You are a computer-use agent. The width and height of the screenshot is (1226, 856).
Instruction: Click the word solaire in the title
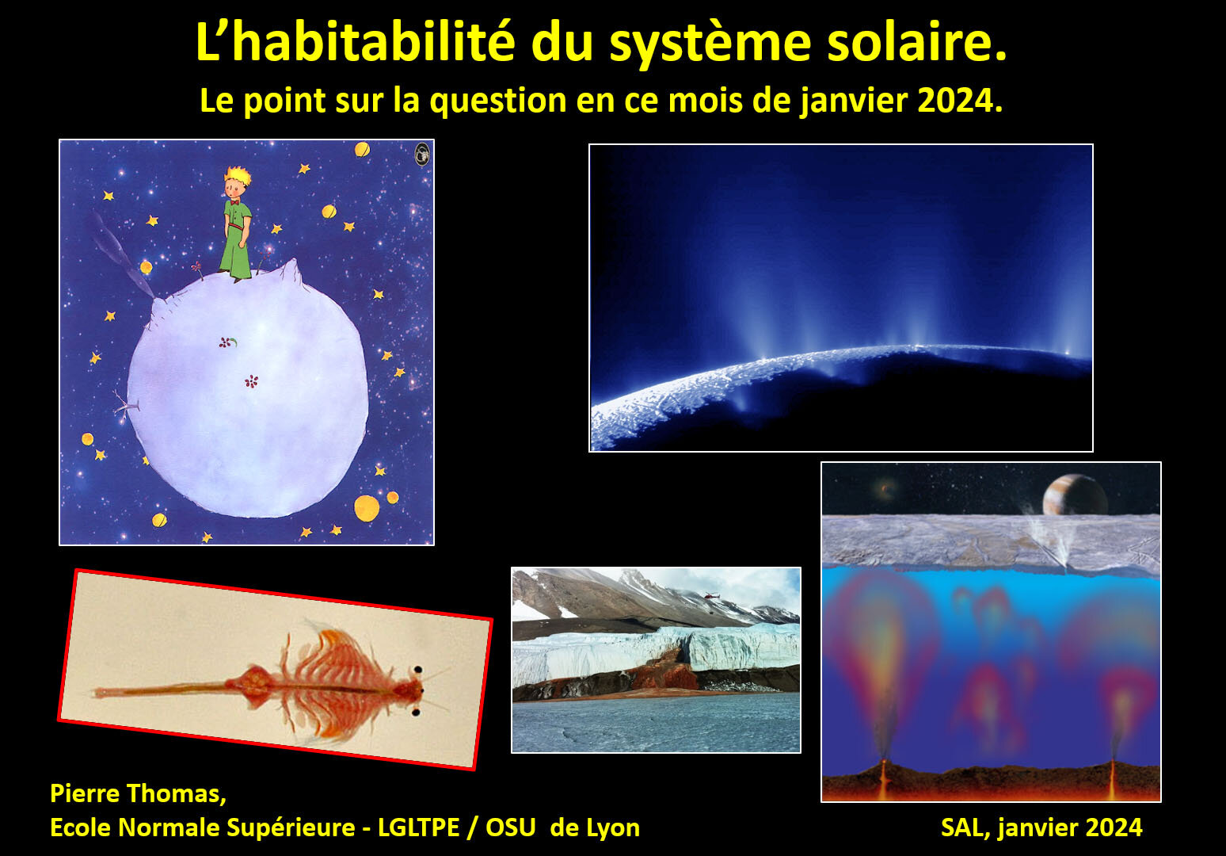tap(916, 42)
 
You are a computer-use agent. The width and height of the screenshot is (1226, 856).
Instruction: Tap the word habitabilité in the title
tap(374, 42)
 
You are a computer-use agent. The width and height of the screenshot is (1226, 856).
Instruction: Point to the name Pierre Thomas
tap(138, 793)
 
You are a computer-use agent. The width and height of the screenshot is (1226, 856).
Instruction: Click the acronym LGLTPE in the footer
tap(419, 827)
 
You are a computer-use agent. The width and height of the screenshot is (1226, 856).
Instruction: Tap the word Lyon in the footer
tap(613, 828)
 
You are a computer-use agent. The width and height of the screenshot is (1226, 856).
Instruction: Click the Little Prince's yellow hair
tap(238, 175)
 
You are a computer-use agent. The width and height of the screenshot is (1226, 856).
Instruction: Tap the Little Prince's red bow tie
tap(234, 202)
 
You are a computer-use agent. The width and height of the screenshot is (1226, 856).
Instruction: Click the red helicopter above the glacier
tap(710, 595)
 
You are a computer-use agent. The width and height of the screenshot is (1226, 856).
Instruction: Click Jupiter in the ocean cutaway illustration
tap(1074, 495)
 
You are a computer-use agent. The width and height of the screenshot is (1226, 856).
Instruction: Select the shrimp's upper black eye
tap(418, 670)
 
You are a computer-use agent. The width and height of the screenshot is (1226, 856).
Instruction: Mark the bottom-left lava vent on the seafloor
tap(883, 778)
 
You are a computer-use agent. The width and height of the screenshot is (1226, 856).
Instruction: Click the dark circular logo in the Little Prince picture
tap(422, 154)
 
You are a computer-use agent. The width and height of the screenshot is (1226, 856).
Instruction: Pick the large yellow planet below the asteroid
tap(367, 508)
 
